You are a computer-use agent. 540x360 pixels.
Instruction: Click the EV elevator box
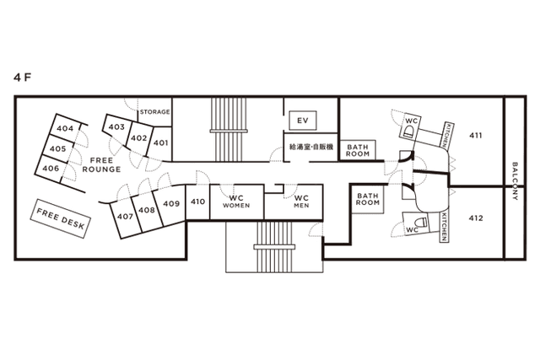coord(303,121)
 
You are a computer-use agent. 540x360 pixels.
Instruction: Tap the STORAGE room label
coord(154,112)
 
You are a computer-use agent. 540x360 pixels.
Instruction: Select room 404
coord(65,128)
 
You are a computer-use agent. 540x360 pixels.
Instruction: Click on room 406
coord(51,169)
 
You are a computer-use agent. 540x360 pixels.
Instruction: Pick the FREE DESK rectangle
coord(60,218)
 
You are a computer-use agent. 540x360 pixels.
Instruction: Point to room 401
coord(160,142)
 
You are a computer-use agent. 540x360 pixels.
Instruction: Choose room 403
coord(116,127)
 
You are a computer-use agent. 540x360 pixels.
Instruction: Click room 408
coord(147,210)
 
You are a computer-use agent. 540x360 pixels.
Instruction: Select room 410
coord(197,201)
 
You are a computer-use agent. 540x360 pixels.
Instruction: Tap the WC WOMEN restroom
coord(236,201)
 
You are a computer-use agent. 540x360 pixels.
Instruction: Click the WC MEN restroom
coord(301,201)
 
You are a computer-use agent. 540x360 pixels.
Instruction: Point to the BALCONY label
coord(515,181)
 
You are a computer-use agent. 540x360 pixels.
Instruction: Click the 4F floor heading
coord(23,78)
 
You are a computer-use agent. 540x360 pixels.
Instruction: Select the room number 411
coord(476,136)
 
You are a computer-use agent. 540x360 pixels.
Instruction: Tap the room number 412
coord(476,218)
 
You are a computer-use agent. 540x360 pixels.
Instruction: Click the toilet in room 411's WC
coord(408,131)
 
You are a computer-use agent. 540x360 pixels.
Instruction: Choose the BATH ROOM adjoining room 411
coord(358,150)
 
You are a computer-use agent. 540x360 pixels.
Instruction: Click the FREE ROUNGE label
coord(101,165)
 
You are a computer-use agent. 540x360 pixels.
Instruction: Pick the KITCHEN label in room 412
coord(445,227)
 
